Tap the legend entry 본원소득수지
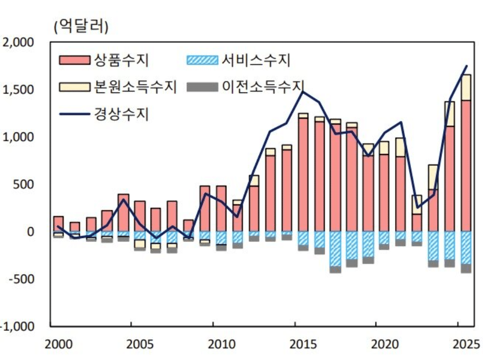click(134, 86)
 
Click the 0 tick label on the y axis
click(30, 232)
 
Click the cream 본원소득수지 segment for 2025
click(466, 87)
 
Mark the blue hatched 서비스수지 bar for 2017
click(335, 249)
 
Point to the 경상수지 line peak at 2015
click(303, 92)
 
